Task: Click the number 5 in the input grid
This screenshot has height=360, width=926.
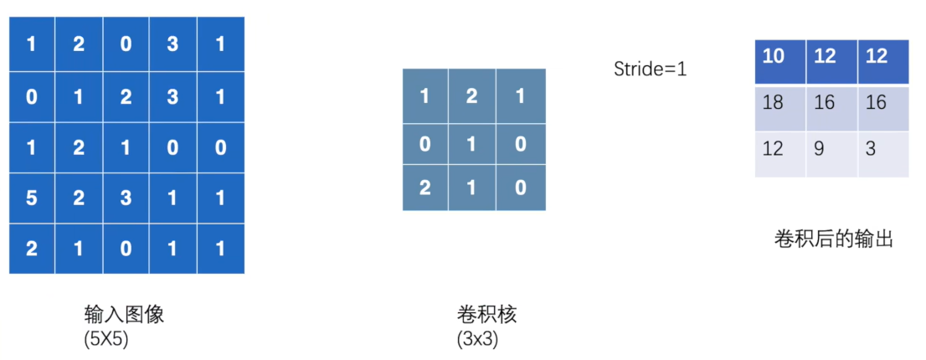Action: pos(32,198)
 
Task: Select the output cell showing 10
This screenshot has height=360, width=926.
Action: pos(780,61)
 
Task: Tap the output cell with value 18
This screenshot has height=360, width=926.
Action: pos(780,108)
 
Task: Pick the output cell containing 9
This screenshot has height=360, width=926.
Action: pos(831,154)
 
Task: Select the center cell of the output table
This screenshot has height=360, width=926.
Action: pos(831,108)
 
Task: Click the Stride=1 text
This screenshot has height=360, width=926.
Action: pos(651,69)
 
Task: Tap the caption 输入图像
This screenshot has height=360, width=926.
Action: pos(123,314)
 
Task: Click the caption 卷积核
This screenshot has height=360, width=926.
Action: pos(486,314)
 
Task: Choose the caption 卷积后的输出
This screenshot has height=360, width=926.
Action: pos(833,239)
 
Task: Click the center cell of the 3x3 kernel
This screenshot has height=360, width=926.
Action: pos(472,145)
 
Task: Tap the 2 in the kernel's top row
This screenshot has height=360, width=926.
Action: pos(472,96)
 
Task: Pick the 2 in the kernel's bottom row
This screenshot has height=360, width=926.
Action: pos(425,188)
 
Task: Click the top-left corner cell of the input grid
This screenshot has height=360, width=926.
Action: pos(32,44)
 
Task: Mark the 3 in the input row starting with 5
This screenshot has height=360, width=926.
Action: pos(126,198)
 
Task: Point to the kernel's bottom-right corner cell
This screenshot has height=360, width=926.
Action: pos(521,188)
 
